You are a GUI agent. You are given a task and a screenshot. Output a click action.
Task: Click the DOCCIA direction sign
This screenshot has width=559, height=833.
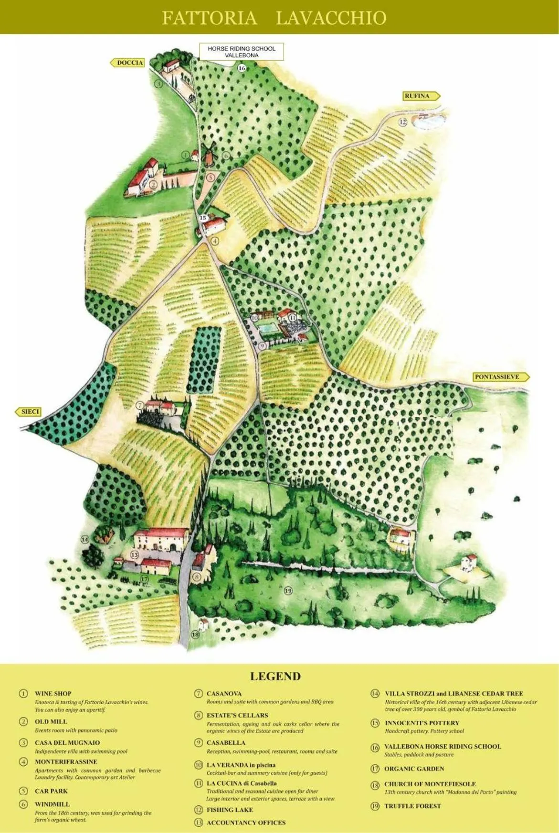click(x=128, y=62)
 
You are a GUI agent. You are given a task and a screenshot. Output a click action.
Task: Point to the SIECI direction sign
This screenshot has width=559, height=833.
click(x=29, y=412)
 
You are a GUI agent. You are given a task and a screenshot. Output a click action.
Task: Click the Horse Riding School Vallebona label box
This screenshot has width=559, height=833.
click(x=242, y=52)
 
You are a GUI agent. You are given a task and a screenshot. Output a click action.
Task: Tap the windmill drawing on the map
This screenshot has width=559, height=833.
click(x=209, y=155)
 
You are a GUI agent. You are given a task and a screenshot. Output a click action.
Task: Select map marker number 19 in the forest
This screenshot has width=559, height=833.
click(x=288, y=591)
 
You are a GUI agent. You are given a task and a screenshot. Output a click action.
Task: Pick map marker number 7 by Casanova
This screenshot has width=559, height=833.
click(x=140, y=406)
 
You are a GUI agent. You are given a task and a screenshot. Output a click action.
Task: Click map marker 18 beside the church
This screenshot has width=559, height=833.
click(x=195, y=635)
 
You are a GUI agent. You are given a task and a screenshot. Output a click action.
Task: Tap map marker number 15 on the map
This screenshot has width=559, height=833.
click(x=203, y=218)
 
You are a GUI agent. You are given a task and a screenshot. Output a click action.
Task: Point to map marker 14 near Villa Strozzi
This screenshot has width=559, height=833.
click(x=84, y=539)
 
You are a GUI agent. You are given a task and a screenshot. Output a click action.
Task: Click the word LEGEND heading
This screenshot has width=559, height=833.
click(x=275, y=676)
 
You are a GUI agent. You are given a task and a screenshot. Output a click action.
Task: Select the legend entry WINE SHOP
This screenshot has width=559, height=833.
click(x=53, y=693)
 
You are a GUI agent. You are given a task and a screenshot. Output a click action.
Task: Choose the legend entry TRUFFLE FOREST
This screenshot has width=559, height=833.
click(x=412, y=806)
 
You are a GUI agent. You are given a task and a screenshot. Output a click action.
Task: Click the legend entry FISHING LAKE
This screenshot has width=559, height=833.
click(x=230, y=810)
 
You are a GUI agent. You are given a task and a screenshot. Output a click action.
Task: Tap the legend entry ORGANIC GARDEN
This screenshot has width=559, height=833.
click(x=414, y=769)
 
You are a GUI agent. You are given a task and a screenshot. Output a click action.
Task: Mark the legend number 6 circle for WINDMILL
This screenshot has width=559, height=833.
click(x=23, y=804)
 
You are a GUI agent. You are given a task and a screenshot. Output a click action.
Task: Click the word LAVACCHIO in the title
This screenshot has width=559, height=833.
click(x=331, y=18)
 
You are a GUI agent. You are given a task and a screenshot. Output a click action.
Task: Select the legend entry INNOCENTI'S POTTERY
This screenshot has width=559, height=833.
click(x=422, y=723)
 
